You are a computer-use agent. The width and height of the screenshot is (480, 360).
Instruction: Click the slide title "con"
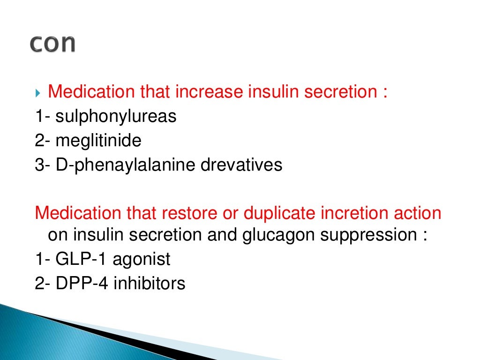pos(52,43)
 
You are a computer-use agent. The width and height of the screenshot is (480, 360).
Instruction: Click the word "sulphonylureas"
pos(116,117)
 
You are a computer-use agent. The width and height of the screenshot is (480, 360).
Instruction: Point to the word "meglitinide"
pos(98,141)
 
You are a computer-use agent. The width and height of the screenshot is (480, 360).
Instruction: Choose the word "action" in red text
pos(418,213)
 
